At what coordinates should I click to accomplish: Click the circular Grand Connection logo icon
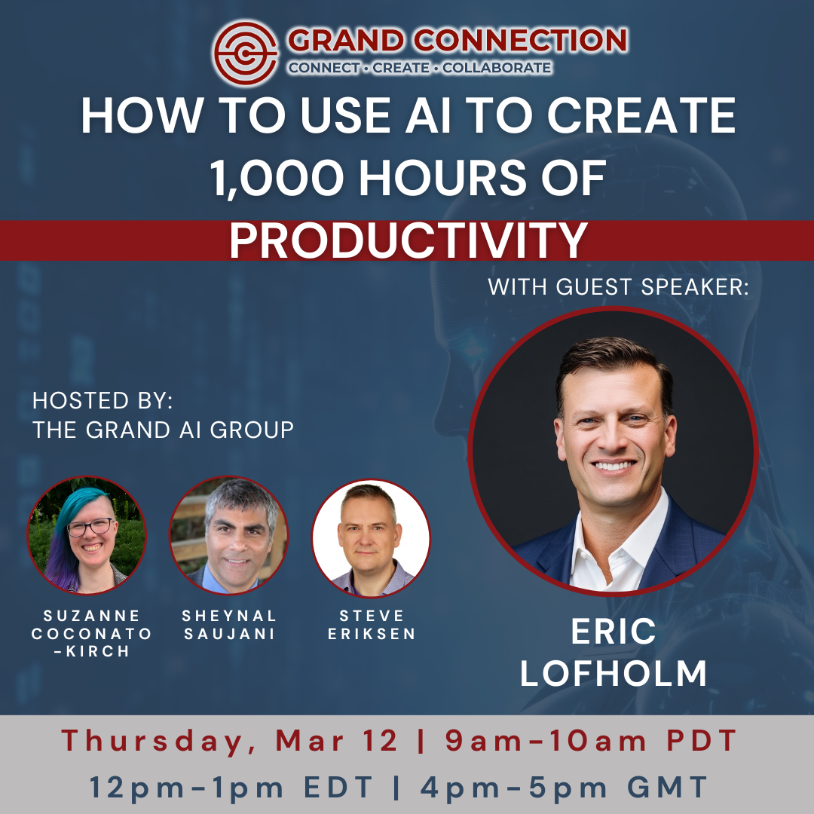pyautogui.click(x=246, y=53)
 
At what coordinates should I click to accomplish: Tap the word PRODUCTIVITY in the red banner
pyautogui.click(x=409, y=240)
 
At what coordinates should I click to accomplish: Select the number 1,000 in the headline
pyautogui.click(x=277, y=178)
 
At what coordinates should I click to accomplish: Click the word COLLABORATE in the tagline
pyautogui.click(x=497, y=68)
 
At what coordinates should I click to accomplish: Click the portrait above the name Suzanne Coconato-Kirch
pyautogui.click(x=87, y=535)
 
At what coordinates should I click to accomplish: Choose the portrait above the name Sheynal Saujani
pyautogui.click(x=229, y=535)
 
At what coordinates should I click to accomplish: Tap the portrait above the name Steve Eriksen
pyautogui.click(x=371, y=537)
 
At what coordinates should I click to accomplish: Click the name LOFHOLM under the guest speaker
pyautogui.click(x=613, y=673)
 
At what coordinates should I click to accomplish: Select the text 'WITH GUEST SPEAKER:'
pyautogui.click(x=618, y=286)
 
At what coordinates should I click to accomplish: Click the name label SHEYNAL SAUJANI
pyautogui.click(x=229, y=625)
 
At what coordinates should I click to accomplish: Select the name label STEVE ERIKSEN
pyautogui.click(x=372, y=625)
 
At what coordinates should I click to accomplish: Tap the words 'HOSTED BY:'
pyautogui.click(x=103, y=400)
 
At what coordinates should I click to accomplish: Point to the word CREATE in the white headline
pyautogui.click(x=641, y=115)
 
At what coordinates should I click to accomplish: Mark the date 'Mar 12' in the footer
pyautogui.click(x=336, y=740)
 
